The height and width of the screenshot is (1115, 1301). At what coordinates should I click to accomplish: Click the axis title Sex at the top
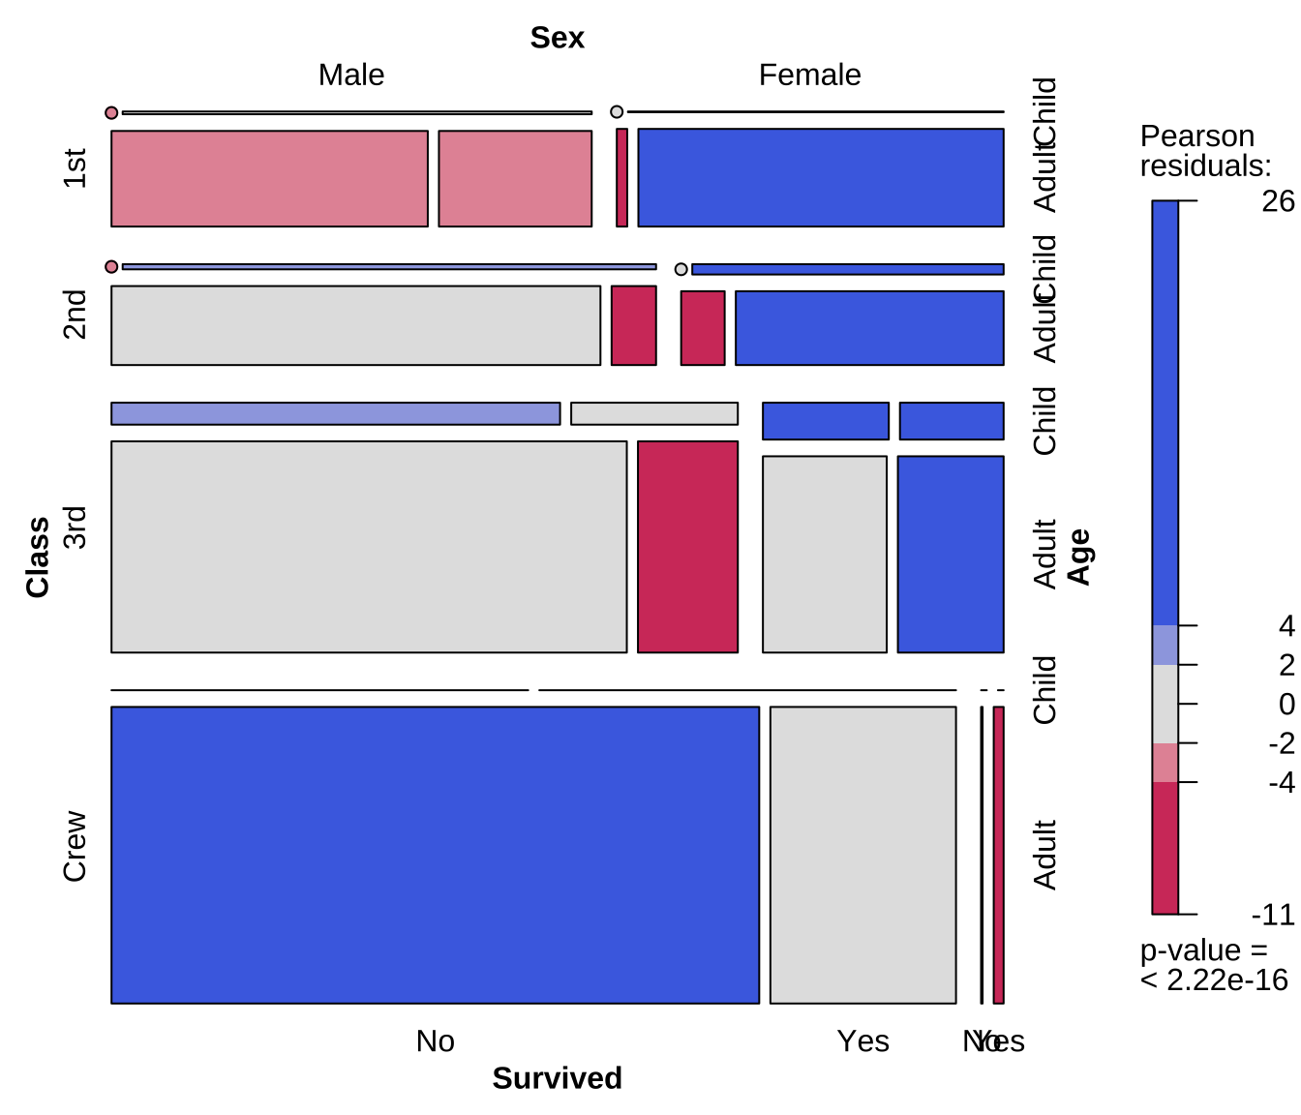point(558,38)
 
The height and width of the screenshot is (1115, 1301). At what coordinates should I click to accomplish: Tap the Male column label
point(351,75)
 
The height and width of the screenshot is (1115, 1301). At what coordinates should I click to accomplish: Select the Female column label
point(809,75)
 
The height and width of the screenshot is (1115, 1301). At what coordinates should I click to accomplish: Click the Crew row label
point(75,846)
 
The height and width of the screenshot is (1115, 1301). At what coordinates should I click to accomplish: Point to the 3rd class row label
point(75,527)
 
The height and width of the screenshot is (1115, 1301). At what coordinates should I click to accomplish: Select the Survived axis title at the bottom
point(557,1077)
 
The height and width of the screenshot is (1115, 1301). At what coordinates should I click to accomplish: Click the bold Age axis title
point(1078,557)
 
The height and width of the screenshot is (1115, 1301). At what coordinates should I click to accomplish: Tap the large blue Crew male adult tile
point(435,855)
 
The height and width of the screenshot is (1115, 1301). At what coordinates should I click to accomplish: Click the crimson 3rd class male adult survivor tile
point(687,547)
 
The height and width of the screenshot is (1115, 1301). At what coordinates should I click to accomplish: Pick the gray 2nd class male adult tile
point(355,325)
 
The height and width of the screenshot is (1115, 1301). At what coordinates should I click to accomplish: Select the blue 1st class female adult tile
point(820,178)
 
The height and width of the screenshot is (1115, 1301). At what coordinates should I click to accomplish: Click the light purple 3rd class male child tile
point(335,413)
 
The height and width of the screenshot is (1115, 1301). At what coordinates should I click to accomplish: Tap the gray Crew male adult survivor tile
point(862,855)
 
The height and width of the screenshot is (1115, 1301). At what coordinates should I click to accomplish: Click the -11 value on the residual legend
point(1272,914)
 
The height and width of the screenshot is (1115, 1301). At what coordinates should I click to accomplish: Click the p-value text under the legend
point(1213,965)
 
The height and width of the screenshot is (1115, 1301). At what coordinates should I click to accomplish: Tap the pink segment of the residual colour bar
point(1165,762)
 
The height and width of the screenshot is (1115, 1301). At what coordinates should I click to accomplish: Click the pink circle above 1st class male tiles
point(111,113)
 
